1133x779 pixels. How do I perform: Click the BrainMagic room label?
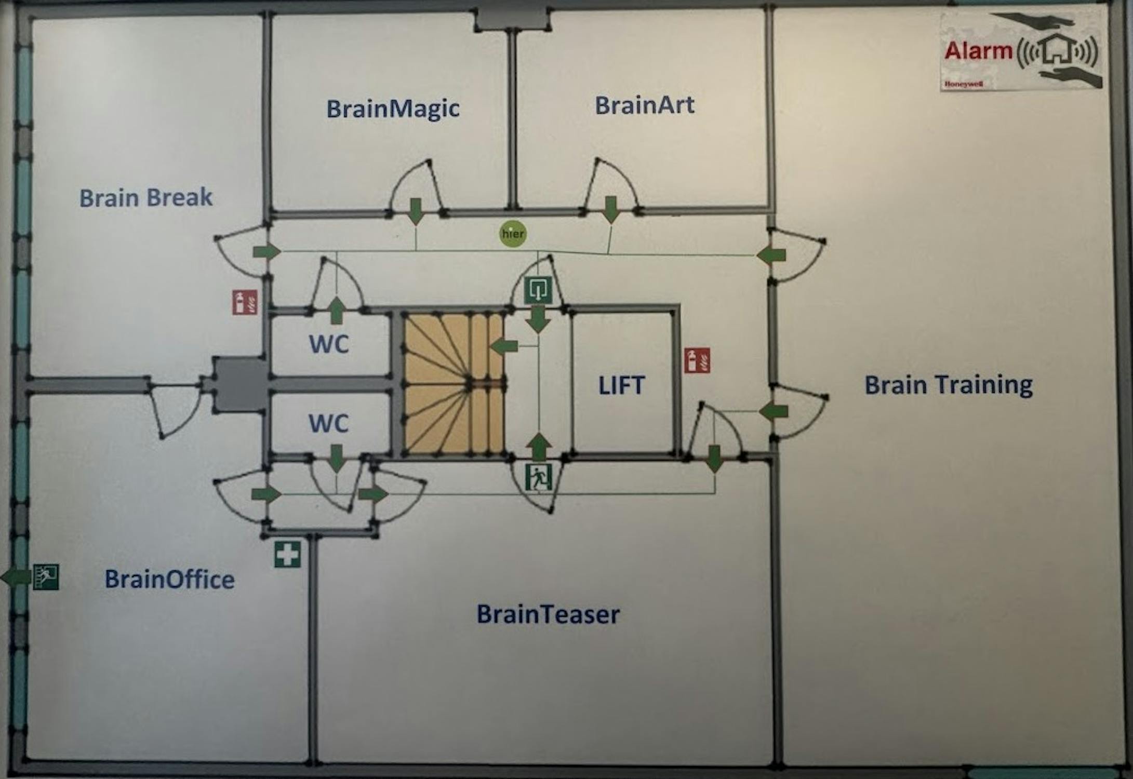click(x=393, y=109)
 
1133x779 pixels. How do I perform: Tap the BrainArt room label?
click(x=644, y=105)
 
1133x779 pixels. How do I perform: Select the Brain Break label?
click(x=146, y=198)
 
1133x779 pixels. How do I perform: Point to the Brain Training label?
click(x=948, y=385)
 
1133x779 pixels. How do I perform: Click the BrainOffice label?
click(x=169, y=580)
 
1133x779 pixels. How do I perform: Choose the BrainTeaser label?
click(x=548, y=614)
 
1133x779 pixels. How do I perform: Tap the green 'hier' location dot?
click(x=513, y=234)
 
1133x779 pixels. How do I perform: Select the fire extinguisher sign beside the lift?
click(x=697, y=360)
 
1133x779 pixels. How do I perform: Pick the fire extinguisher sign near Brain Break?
click(x=245, y=302)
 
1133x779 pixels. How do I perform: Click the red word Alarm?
click(x=978, y=51)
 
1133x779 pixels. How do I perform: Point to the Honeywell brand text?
click(x=964, y=84)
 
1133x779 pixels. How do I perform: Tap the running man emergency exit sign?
click(x=538, y=477)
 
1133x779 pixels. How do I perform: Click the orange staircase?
click(x=453, y=384)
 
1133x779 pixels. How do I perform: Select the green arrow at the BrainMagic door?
click(x=415, y=210)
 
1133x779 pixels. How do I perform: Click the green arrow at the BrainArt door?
click(x=611, y=208)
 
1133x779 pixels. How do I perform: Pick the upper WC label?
click(x=329, y=344)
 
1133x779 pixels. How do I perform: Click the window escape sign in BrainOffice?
click(x=46, y=576)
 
